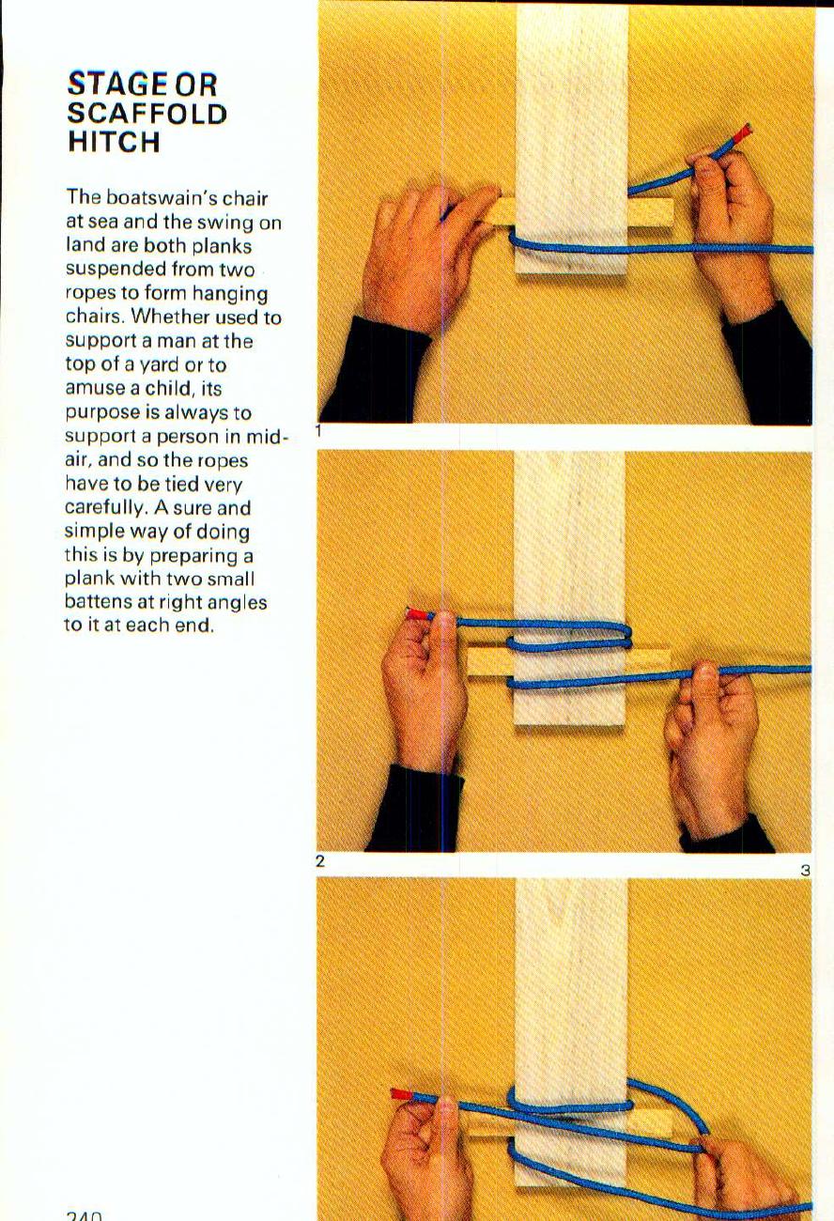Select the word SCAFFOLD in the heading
(x=147, y=114)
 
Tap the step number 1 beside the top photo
(x=319, y=432)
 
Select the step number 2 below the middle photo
(x=320, y=860)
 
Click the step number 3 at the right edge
(x=805, y=871)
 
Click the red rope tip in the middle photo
(x=416, y=615)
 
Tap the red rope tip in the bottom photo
(x=401, y=1095)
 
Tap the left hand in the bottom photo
(x=427, y=1160)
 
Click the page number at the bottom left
(x=84, y=1214)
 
